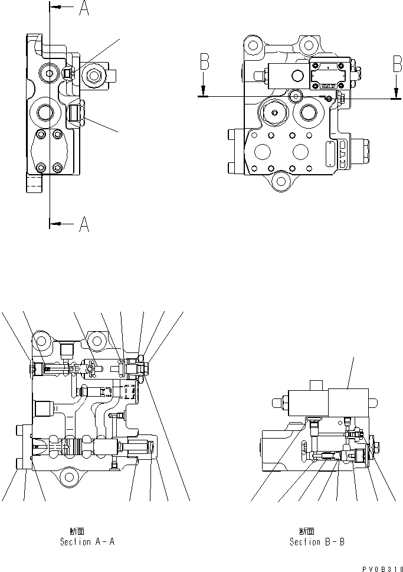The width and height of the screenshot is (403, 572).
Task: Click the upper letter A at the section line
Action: click(x=84, y=10)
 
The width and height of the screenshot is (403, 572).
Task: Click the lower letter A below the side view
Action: click(x=84, y=224)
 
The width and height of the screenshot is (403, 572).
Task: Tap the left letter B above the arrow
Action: click(x=204, y=62)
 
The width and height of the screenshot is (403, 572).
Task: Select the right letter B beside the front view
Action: click(x=398, y=62)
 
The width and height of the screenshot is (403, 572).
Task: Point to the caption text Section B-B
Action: click(x=316, y=541)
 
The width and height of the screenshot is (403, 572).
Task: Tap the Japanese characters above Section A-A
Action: click(x=77, y=531)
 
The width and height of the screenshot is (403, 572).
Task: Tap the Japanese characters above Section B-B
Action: click(x=306, y=531)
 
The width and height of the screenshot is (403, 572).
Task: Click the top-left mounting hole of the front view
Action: click(x=253, y=43)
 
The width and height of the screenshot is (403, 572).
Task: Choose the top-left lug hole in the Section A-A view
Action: click(x=41, y=339)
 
